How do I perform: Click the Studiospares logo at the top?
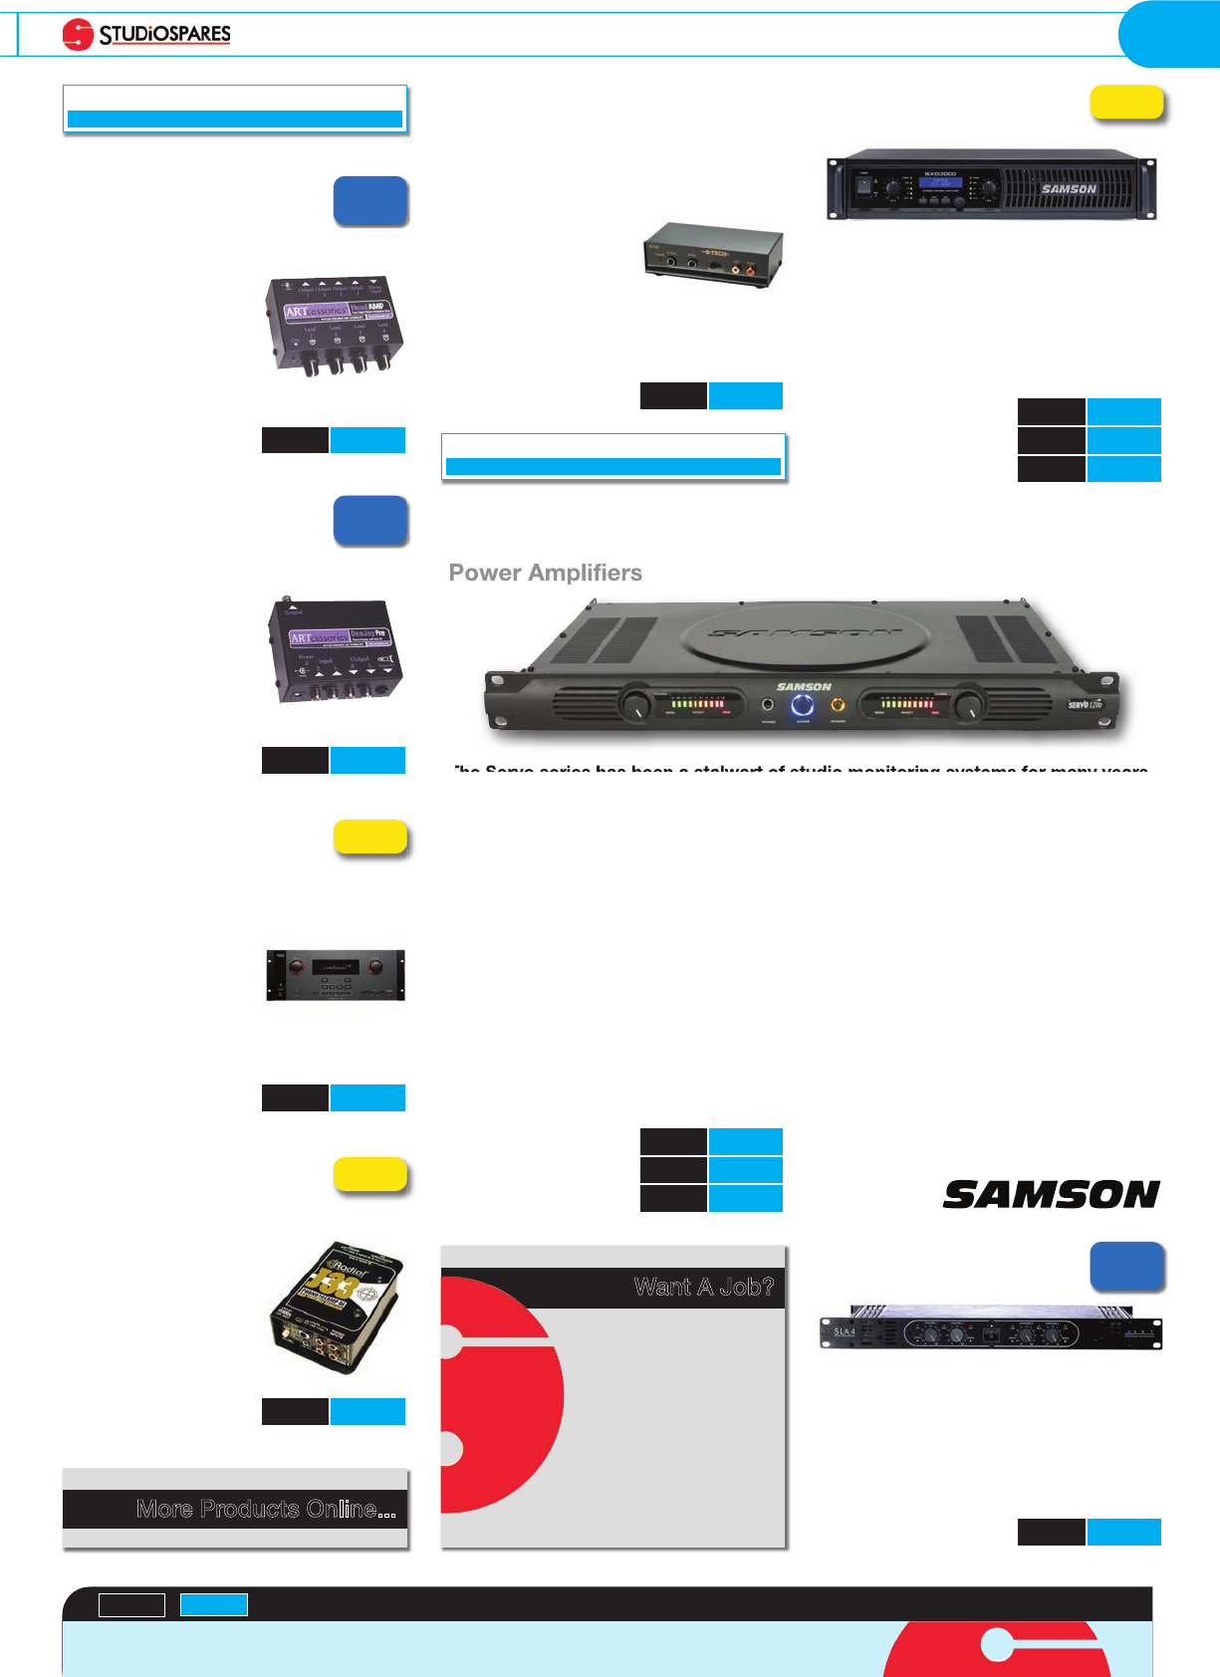coord(146,35)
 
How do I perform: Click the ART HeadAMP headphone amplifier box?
coord(334,326)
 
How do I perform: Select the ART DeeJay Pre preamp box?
coord(334,650)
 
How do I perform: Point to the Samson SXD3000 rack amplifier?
coord(991,187)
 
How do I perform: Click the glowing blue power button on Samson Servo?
coord(803,706)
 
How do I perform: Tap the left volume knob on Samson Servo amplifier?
coord(635,706)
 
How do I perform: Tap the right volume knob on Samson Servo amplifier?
coord(967,706)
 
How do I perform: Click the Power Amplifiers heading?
coord(545,573)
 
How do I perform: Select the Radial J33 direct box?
coord(337,1307)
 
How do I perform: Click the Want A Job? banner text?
coord(703,1287)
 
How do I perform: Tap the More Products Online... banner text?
coord(266,1509)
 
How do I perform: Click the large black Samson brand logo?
coord(1051,1194)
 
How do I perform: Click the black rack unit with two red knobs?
coord(336,975)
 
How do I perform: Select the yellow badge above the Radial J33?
coord(369,1174)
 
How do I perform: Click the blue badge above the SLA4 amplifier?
coord(1126,1266)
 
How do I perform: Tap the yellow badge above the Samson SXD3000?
coord(1126,103)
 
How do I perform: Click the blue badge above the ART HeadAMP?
coord(369,200)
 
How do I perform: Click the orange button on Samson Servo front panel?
coord(838,706)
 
